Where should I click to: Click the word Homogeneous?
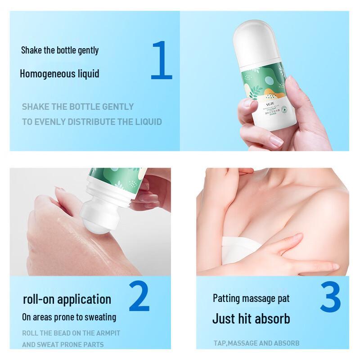(46, 73)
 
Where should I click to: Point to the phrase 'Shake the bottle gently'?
(60, 50)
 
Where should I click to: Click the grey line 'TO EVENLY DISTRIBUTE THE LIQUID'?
(92, 122)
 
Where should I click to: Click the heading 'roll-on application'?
(67, 299)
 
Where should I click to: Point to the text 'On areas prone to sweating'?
(69, 317)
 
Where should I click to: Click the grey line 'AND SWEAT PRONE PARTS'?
(63, 345)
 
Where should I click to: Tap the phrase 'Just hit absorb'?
(251, 319)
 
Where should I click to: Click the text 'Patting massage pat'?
(251, 298)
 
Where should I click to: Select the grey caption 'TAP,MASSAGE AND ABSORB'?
(256, 343)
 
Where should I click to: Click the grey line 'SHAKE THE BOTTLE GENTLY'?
(78, 107)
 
